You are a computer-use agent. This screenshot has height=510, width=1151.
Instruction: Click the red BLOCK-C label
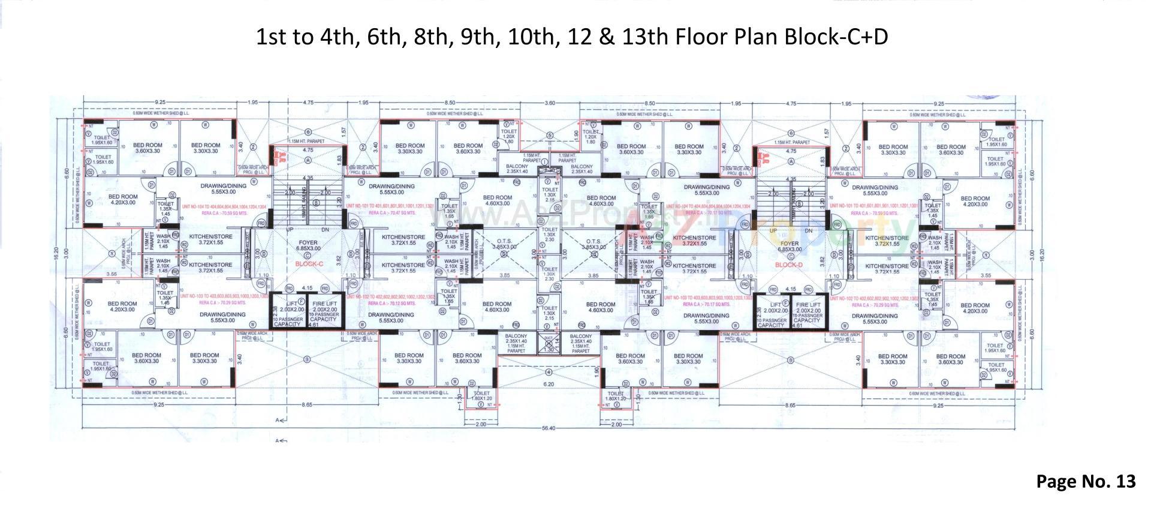pyautogui.click(x=309, y=263)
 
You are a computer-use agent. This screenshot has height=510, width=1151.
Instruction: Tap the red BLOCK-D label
pyautogui.click(x=788, y=265)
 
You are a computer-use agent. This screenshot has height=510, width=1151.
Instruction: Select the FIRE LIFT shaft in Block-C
pyautogui.click(x=324, y=312)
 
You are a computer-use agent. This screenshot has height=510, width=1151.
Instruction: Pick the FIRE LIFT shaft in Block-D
pyautogui.click(x=807, y=313)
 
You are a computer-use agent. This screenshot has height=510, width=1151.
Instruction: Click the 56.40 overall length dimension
pyautogui.click(x=548, y=428)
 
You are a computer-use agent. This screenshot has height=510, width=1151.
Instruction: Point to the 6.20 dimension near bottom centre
pyautogui.click(x=548, y=383)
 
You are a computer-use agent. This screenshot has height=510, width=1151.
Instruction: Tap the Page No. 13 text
pyautogui.click(x=1086, y=481)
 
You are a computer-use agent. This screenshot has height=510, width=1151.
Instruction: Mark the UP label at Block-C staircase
pyautogui.click(x=290, y=230)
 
